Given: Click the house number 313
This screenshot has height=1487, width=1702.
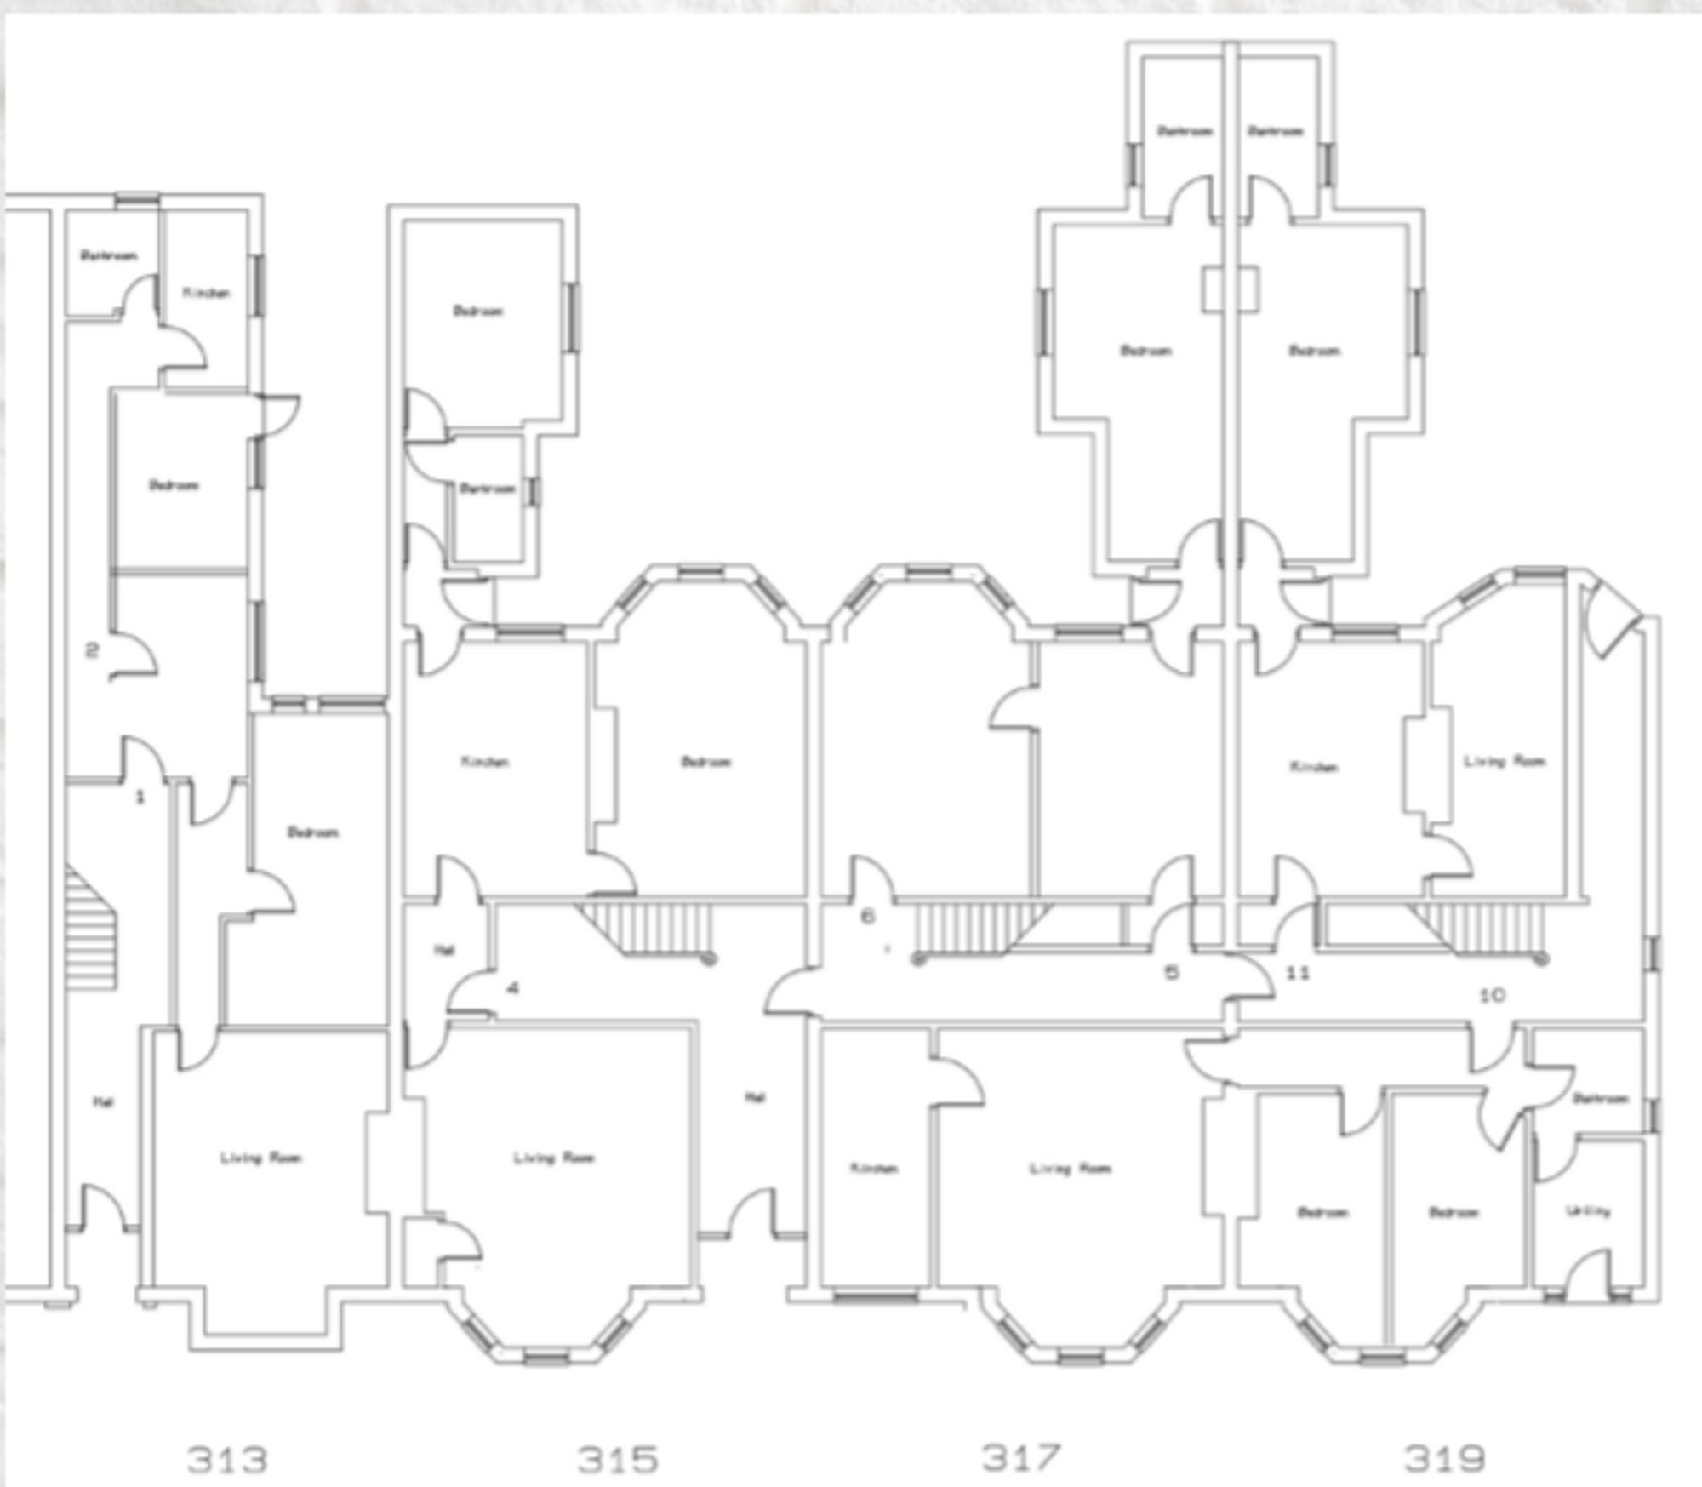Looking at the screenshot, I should [227, 1459].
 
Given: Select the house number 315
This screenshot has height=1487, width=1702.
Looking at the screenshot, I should [618, 1459].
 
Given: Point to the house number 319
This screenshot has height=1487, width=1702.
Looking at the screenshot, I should [1444, 1458].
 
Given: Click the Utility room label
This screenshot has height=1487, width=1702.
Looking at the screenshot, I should [1588, 1210].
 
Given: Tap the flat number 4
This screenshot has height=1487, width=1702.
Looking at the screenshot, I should [512, 988].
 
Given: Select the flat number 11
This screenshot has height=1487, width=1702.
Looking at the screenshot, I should [1297, 973].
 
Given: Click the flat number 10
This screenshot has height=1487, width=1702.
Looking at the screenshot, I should [1493, 994].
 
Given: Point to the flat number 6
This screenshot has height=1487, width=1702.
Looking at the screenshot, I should [868, 917].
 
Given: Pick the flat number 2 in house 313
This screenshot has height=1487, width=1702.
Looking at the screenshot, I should [92, 650].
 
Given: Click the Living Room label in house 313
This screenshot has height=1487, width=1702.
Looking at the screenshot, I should [260, 1158].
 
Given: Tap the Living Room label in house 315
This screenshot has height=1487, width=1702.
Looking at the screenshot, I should [553, 1158].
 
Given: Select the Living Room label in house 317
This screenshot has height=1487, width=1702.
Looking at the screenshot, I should [1070, 1169].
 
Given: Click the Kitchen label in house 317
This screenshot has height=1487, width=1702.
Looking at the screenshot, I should [874, 1169].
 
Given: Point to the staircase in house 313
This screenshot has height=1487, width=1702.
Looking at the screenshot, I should [92, 928].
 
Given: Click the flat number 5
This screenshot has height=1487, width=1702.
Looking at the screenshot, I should [1172, 973].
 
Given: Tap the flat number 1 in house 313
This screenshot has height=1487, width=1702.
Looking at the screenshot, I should [140, 797].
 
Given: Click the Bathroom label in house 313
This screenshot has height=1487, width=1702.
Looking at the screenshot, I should [108, 255].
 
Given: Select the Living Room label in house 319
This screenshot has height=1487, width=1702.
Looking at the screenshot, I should [1504, 761].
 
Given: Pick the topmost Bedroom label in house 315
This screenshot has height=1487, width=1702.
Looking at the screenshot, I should [477, 311].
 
